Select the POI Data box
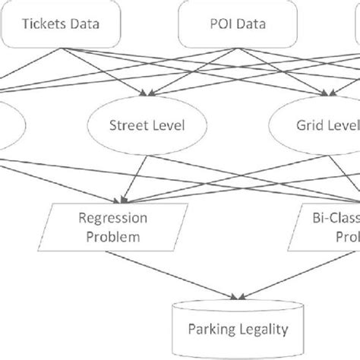point(225,23)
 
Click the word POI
point(208,23)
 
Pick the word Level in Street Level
point(169,125)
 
